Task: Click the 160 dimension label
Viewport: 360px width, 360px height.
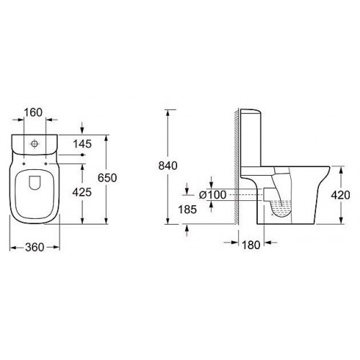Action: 33,112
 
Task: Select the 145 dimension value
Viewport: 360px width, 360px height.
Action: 82,144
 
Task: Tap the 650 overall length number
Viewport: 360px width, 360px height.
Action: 107,178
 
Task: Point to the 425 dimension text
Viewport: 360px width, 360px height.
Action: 82,192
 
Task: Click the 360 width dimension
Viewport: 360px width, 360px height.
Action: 35,248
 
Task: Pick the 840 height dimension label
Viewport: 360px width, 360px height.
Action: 168,166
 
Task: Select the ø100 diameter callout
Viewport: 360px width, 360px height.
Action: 213,195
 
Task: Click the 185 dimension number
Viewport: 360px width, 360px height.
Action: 187,210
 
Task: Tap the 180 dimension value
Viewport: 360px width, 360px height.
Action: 251,246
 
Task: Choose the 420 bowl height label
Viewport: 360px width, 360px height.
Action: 341,195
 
